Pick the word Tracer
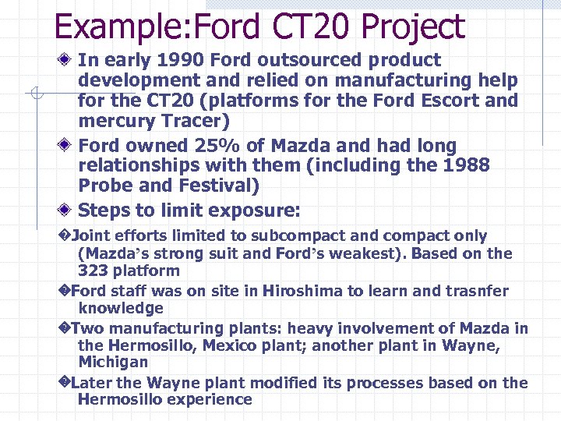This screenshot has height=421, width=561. pyautogui.click(x=182, y=121)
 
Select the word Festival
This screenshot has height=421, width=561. pyautogui.click(x=227, y=186)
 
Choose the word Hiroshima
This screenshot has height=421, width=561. pyautogui.click(x=302, y=291)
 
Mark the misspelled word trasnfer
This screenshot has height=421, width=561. pyautogui.click(x=476, y=291)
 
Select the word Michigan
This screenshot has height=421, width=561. pyautogui.click(x=113, y=363)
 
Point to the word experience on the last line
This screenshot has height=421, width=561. pyautogui.click(x=213, y=400)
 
